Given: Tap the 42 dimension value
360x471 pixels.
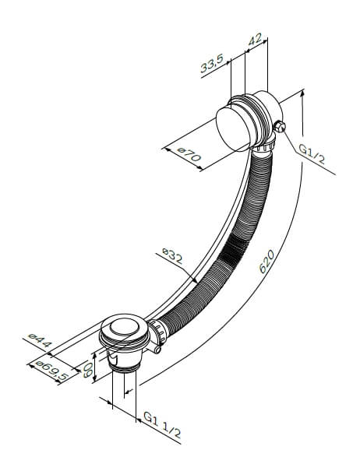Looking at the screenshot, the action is pos(255,40).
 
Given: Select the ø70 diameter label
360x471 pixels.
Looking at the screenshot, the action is pos(189,154).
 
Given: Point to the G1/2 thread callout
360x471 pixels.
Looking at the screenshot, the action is pos(312,153).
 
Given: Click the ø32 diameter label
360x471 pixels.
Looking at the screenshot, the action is pos(172,255).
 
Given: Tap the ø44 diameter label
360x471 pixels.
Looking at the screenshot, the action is pos(40,339).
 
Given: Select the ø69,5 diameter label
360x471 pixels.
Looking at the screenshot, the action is pos(51,371).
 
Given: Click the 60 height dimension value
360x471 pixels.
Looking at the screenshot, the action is pos(87,370).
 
